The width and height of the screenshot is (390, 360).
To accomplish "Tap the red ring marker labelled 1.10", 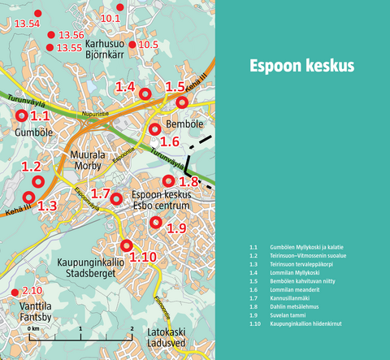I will pos(125,245).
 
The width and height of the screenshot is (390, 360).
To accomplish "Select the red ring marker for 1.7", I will pos(116,198).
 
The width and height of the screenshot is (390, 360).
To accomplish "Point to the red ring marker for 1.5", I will pos(182,102).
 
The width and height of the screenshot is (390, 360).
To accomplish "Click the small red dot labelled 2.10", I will pos(15,292).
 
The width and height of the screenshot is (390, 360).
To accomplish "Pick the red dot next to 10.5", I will pos(132,44).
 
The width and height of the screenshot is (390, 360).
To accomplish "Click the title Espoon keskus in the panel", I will pos(301,66).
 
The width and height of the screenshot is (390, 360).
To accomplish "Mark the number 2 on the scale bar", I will pos(132,327).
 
